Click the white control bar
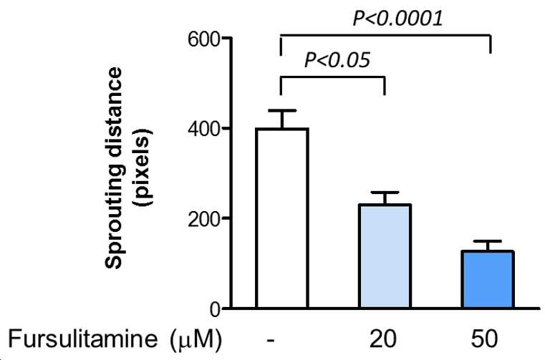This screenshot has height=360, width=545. click(282, 218)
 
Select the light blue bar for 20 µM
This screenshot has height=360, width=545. click(385, 256)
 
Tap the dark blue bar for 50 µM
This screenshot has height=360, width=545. click(488, 279)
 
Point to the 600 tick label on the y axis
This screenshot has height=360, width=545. click(203, 39)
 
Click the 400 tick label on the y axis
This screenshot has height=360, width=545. click(203, 130)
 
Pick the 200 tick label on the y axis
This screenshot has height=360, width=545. click(203, 219)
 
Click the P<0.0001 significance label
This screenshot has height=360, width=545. click(397, 19)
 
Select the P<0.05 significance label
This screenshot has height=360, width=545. click(337, 60)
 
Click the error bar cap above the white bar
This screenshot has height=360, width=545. click(282, 110)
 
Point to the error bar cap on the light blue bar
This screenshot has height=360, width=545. click(385, 192)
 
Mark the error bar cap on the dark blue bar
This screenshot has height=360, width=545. click(488, 241)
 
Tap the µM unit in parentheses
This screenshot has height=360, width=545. click(196, 339)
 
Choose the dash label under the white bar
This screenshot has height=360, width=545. click(271, 340)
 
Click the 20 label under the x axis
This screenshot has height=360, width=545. click(382, 339)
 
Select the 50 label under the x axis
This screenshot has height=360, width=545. click(485, 339)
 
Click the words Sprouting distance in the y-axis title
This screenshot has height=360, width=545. click(114, 168)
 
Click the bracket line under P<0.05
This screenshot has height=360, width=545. click(332, 77)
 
